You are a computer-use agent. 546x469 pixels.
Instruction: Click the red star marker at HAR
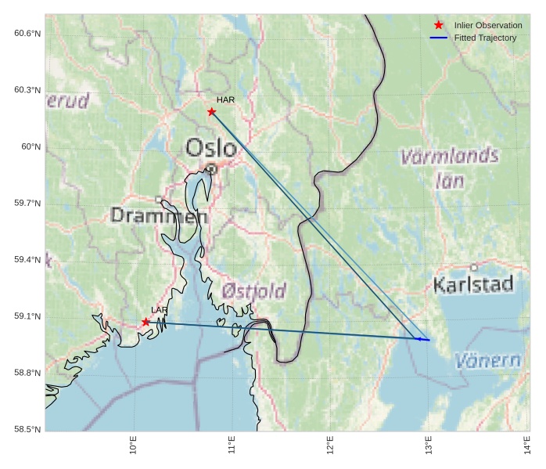211,112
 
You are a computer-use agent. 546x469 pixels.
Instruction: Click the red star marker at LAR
145,322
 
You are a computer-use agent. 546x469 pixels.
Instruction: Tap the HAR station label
225,100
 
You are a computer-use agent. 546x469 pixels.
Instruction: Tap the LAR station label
159,311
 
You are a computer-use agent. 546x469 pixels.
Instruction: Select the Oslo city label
210,147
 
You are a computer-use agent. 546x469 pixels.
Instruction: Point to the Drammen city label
159,215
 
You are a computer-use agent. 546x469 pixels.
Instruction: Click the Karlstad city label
473,284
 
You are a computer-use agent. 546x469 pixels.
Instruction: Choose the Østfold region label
253,291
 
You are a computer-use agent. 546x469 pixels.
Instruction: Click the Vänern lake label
487,361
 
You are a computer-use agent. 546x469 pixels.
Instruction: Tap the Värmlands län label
449,168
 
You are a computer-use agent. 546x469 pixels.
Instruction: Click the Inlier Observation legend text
487,26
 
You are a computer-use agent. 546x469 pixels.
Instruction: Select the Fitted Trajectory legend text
485,38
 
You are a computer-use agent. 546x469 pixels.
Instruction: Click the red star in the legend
438,26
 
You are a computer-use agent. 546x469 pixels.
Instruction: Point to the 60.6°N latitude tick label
27,33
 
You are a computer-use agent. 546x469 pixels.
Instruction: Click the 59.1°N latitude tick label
27,316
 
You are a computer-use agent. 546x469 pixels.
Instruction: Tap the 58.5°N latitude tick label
27,430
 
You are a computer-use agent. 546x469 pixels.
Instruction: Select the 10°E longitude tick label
134,446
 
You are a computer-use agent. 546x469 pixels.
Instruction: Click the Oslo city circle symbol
211,168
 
